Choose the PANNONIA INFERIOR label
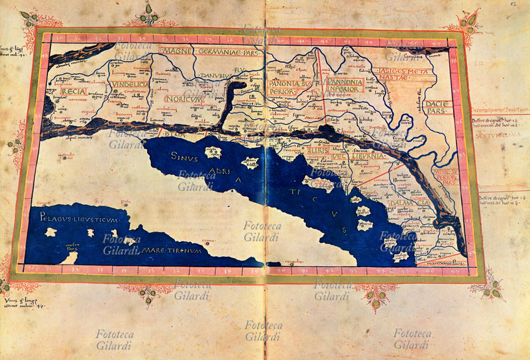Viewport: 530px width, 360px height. [344, 87]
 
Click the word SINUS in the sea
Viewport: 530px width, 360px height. [185, 157]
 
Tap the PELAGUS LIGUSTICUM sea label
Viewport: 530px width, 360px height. [78, 217]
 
